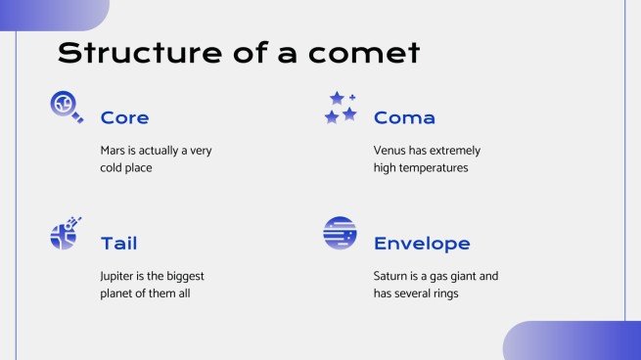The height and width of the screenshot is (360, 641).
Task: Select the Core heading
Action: [x=124, y=118]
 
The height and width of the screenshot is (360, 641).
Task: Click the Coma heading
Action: [x=404, y=118]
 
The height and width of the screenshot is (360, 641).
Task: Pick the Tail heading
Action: [x=118, y=244]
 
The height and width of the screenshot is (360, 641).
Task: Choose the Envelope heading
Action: [x=422, y=244]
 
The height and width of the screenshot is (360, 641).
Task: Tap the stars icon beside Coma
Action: [x=340, y=108]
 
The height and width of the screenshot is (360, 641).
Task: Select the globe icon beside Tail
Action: [x=65, y=233]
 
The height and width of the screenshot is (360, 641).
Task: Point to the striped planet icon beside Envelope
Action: [x=340, y=233]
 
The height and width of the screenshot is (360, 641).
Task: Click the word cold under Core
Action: [x=114, y=167]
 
